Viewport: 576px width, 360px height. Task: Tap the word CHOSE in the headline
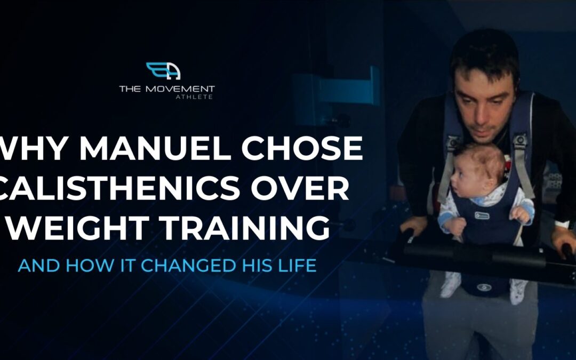point(302,148)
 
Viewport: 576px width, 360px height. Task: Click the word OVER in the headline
point(300,188)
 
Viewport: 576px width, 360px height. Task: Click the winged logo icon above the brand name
point(164,71)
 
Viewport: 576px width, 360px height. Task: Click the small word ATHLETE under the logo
point(194,97)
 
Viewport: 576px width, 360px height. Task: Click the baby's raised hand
point(521,214)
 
